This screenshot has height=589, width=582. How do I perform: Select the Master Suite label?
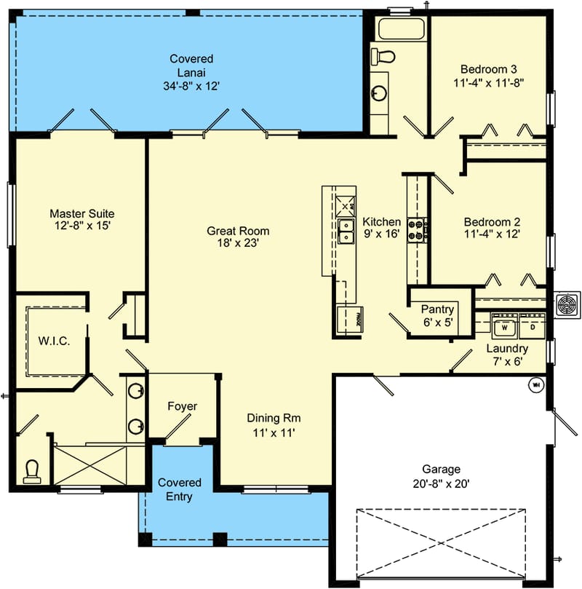[x=81, y=213]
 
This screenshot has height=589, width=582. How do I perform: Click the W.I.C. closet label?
[x=54, y=341]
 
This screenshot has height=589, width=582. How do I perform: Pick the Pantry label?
[x=438, y=309]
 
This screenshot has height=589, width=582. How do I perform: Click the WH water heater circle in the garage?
[x=537, y=384]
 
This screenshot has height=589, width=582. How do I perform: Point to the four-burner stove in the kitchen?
[x=417, y=230]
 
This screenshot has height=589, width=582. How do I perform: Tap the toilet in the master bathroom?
[x=32, y=471]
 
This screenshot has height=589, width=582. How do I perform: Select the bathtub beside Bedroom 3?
[x=399, y=29]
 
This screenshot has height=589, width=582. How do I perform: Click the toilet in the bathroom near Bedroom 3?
[x=383, y=56]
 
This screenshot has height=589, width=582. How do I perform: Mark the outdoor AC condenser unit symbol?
[x=567, y=304]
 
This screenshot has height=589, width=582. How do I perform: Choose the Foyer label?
[x=182, y=406]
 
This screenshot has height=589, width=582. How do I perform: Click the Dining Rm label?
[x=274, y=418]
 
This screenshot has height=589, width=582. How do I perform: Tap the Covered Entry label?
[x=175, y=489]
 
